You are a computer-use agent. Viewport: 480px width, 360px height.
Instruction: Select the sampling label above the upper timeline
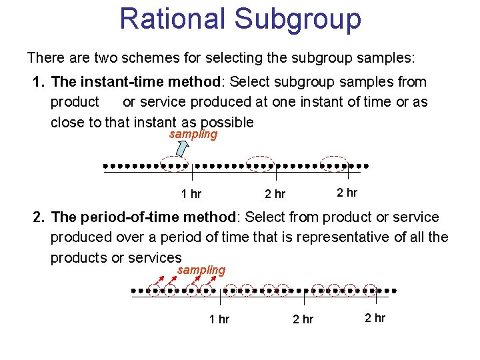point(193,134)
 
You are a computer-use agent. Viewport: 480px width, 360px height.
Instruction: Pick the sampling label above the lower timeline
point(201,270)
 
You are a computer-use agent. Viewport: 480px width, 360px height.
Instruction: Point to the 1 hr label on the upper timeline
point(191,194)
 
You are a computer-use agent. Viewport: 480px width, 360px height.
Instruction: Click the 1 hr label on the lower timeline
point(219,319)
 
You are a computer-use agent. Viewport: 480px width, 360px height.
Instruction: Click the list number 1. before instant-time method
point(39,82)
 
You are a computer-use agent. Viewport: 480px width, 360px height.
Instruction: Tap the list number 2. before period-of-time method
point(39,217)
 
